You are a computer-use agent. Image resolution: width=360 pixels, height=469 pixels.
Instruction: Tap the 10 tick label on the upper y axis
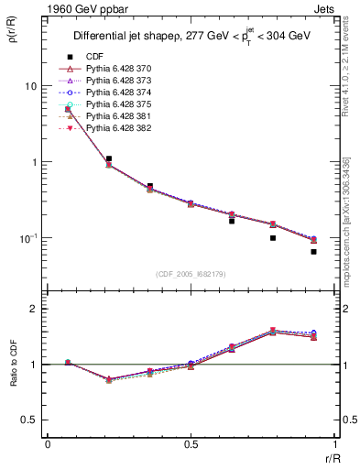point(30,86)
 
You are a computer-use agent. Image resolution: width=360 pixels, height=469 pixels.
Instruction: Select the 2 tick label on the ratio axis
point(34,309)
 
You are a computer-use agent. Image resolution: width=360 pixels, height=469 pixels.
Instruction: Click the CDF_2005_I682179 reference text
point(191,274)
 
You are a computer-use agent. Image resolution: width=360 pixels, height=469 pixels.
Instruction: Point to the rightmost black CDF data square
point(313,252)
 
